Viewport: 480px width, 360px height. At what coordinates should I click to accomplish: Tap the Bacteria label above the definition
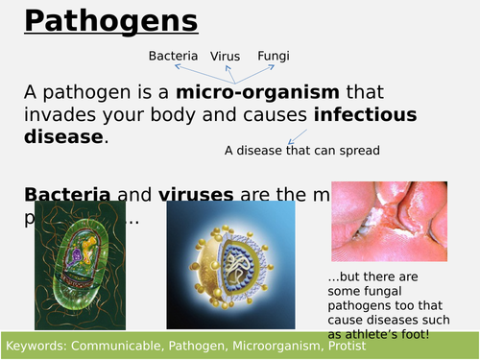[x=174, y=56]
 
